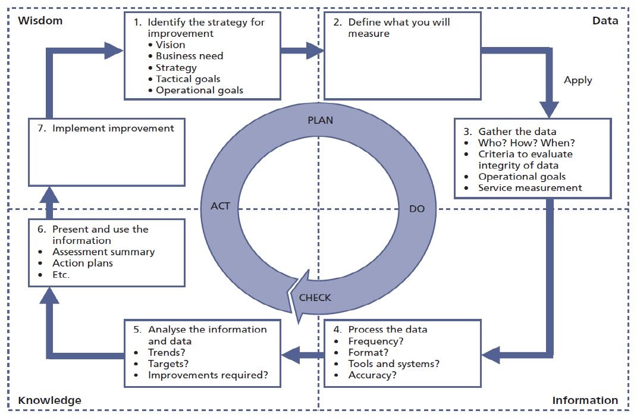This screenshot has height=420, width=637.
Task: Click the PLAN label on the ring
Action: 320,120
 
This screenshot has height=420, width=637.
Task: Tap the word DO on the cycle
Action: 417,209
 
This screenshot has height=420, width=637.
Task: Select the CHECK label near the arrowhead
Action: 315,297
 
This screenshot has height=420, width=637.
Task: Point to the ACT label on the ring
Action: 220,206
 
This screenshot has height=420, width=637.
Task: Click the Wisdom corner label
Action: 40,21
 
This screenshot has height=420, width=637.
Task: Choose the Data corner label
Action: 605,21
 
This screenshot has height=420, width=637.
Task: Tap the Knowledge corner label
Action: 49,400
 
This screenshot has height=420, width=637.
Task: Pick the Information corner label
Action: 585,400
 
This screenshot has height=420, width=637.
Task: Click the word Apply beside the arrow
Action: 578,80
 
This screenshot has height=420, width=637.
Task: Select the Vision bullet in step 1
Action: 170,45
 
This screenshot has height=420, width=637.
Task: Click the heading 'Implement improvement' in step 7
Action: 113,128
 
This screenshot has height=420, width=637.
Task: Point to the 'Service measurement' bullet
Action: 530,187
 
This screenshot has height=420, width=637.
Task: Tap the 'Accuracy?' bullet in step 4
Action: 372,375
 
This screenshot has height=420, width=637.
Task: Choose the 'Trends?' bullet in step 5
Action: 168,352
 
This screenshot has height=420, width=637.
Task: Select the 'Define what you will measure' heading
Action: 398,28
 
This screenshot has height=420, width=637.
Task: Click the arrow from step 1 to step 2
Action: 302,51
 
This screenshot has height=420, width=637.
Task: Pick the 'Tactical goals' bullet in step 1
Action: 188,79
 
